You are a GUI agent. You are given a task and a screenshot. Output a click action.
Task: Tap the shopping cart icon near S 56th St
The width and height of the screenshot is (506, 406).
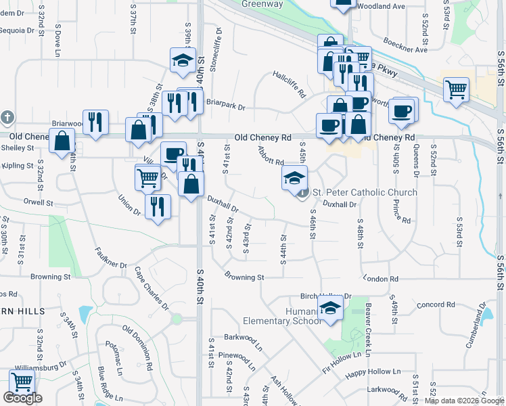click(x=456, y=89)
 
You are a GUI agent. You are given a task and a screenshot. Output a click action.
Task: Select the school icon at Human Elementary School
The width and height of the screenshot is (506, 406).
click(x=330, y=309)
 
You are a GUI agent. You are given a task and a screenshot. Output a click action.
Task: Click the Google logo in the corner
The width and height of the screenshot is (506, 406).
click(x=22, y=397)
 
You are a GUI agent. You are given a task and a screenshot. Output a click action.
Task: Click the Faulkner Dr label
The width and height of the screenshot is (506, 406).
click(x=111, y=260)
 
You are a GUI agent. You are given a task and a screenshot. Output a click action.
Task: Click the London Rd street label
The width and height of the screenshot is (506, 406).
click(x=381, y=279)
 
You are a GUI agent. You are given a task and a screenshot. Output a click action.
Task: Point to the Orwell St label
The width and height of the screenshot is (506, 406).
click(x=37, y=202)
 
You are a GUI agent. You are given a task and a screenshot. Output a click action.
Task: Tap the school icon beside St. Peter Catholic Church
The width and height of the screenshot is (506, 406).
click(x=294, y=178)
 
